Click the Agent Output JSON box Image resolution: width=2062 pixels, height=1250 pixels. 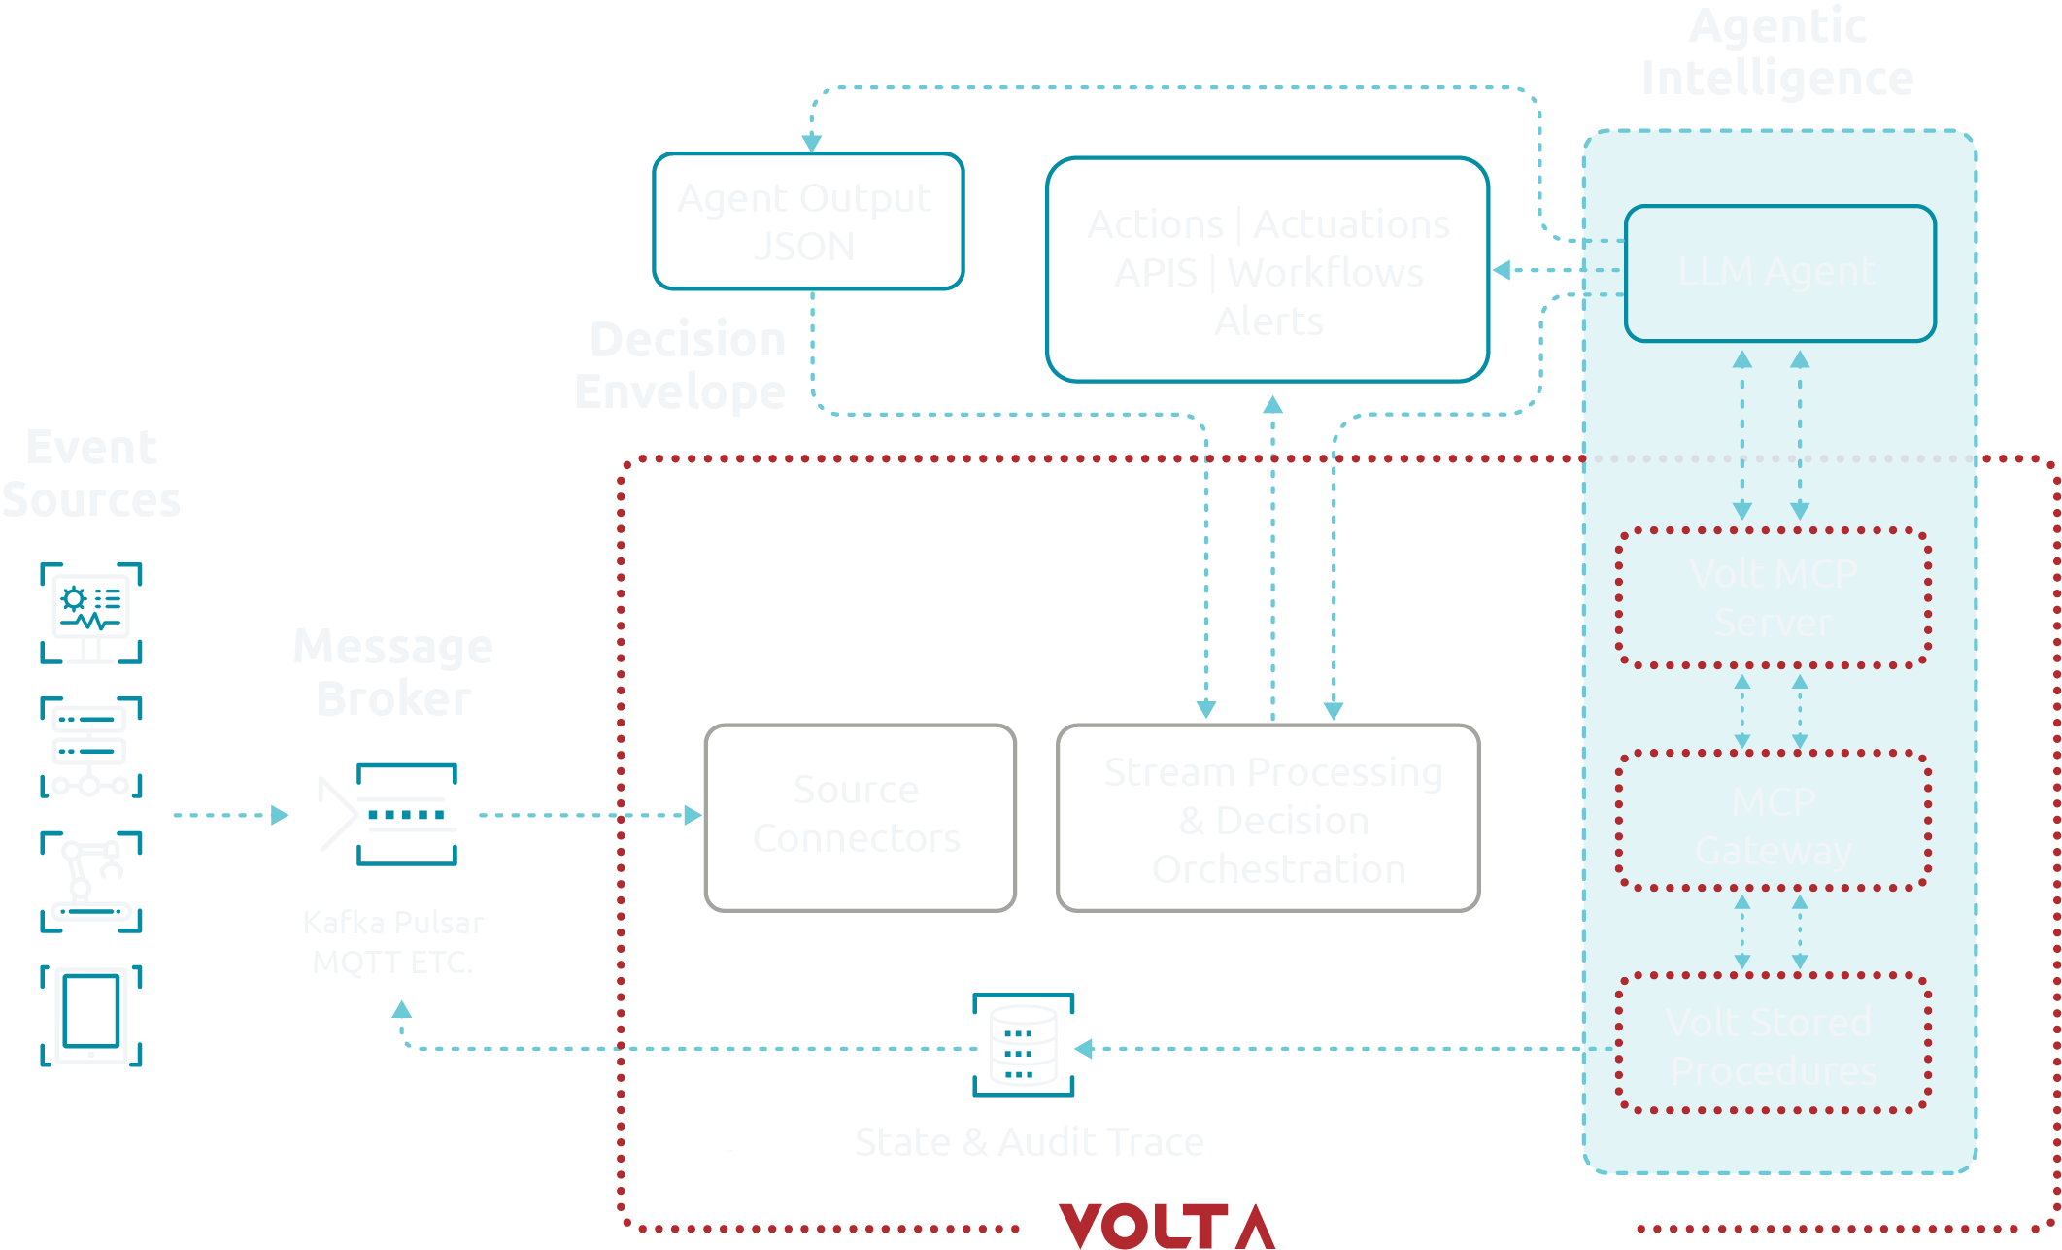[x=808, y=221]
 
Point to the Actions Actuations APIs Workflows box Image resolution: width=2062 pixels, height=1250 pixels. [x=1268, y=270]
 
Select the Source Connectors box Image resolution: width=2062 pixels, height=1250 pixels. [x=860, y=817]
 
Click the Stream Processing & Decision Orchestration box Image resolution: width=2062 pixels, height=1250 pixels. [x=1268, y=818]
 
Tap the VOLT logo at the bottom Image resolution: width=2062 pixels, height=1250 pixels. [x=1166, y=1225]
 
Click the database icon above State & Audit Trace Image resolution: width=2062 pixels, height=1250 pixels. [x=1023, y=1045]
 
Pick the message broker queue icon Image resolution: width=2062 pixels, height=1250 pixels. [x=406, y=814]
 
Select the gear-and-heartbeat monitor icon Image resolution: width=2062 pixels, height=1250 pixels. [x=91, y=612]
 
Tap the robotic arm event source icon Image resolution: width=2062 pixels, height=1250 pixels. [x=91, y=881]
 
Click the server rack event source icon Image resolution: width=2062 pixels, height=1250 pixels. [x=91, y=747]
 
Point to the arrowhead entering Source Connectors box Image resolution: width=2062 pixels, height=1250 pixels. [x=693, y=815]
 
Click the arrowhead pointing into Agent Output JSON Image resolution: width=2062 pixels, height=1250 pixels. [x=812, y=144]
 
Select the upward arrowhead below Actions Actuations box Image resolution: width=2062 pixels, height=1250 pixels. [x=1272, y=404]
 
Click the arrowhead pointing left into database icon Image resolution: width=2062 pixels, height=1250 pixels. [x=1085, y=1048]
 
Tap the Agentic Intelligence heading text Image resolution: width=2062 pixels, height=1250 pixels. [x=1777, y=52]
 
